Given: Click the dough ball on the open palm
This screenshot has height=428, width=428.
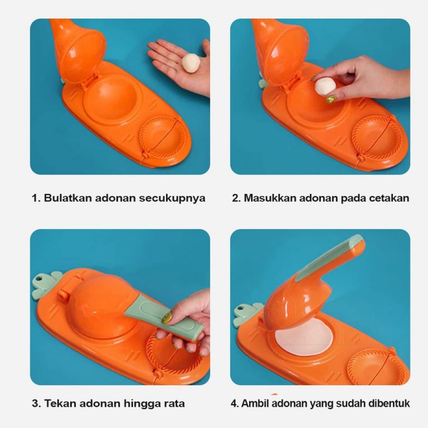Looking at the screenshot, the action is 191,63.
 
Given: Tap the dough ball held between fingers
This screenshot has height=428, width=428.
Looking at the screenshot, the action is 325,86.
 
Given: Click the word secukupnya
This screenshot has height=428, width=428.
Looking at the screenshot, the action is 172,198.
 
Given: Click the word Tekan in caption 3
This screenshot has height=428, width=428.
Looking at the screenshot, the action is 60,403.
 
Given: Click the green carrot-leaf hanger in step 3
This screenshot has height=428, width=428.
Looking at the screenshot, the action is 45,285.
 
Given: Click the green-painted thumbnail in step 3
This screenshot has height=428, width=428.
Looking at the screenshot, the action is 167,318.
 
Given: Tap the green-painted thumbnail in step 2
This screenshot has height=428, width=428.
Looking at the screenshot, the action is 330,99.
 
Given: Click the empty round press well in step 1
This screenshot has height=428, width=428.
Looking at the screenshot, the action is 111,100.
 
